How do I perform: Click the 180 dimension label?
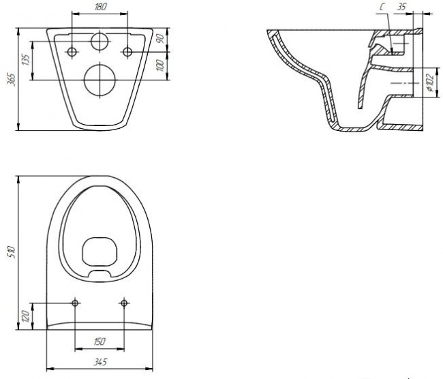coord(100,7)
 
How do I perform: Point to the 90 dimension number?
coord(159,39)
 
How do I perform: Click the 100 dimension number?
coord(159,65)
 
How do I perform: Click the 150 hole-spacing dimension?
coord(100,341)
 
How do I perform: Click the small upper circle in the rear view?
coord(100,42)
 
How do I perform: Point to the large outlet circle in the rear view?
coord(100,80)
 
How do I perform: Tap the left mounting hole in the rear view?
coord(72,52)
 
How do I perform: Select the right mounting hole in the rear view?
coord(127,52)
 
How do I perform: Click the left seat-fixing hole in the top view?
coord(75,303)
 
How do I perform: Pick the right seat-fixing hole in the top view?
coord(124,303)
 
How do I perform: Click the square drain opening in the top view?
coord(100,254)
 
